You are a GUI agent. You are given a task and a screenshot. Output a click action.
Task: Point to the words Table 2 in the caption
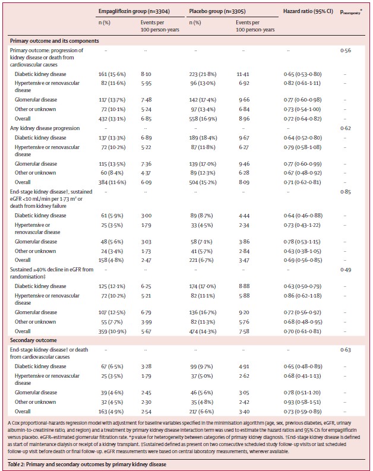[x=20, y=463]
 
